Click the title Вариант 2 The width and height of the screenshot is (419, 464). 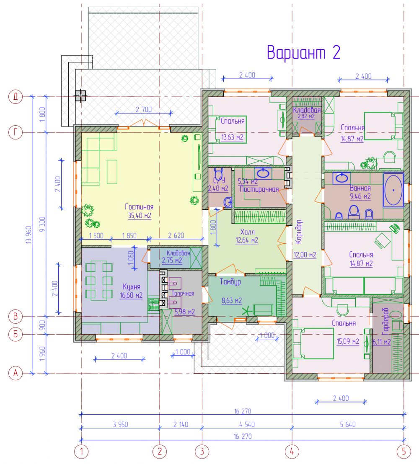(x=303, y=52)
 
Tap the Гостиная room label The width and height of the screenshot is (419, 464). (x=139, y=207)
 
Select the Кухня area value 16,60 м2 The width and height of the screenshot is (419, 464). (x=131, y=295)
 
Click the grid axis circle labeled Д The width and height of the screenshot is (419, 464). (x=16, y=96)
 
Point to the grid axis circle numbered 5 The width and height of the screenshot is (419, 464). (x=404, y=451)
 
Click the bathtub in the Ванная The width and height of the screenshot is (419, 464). (x=393, y=190)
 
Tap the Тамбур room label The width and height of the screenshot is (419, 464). (x=230, y=282)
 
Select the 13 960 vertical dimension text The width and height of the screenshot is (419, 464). (x=28, y=235)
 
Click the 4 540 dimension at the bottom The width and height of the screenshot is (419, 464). (x=247, y=424)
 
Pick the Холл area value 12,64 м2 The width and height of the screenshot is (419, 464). (x=247, y=240)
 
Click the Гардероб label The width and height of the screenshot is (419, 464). (x=385, y=321)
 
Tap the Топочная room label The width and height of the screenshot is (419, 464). (x=183, y=294)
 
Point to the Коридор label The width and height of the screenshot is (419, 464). (x=299, y=232)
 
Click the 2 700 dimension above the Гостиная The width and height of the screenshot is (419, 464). (x=144, y=109)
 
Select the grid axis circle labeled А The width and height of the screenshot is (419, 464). (x=16, y=373)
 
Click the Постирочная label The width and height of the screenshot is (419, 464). (x=259, y=189)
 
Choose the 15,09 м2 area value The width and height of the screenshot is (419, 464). (x=348, y=341)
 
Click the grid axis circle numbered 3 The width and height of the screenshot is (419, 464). (x=202, y=451)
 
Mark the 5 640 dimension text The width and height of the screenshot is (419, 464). (x=348, y=424)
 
